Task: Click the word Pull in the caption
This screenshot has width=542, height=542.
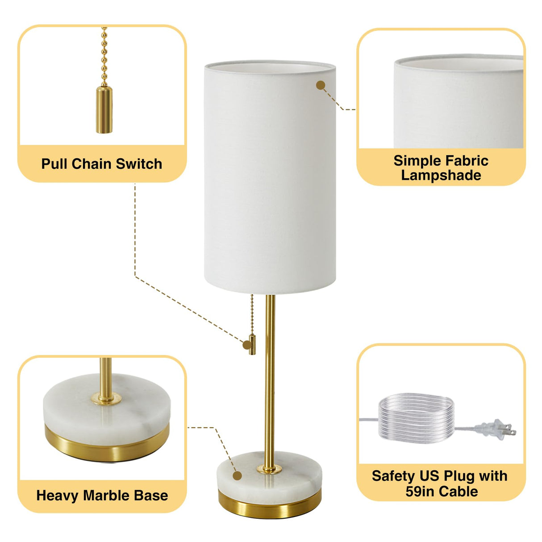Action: point(54,164)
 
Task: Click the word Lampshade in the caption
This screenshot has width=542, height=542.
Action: point(441,175)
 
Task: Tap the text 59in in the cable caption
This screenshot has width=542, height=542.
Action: point(420,492)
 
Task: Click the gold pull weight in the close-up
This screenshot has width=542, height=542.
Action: point(104,109)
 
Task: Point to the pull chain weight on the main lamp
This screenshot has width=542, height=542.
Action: point(252,344)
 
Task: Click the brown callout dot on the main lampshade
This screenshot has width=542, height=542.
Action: point(320,85)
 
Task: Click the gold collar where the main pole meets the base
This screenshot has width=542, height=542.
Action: point(269,468)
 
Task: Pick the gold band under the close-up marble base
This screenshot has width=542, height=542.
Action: point(107,444)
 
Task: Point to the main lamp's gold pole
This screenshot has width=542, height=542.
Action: point(270,379)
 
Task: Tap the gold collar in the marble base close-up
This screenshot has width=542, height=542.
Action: point(106,398)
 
